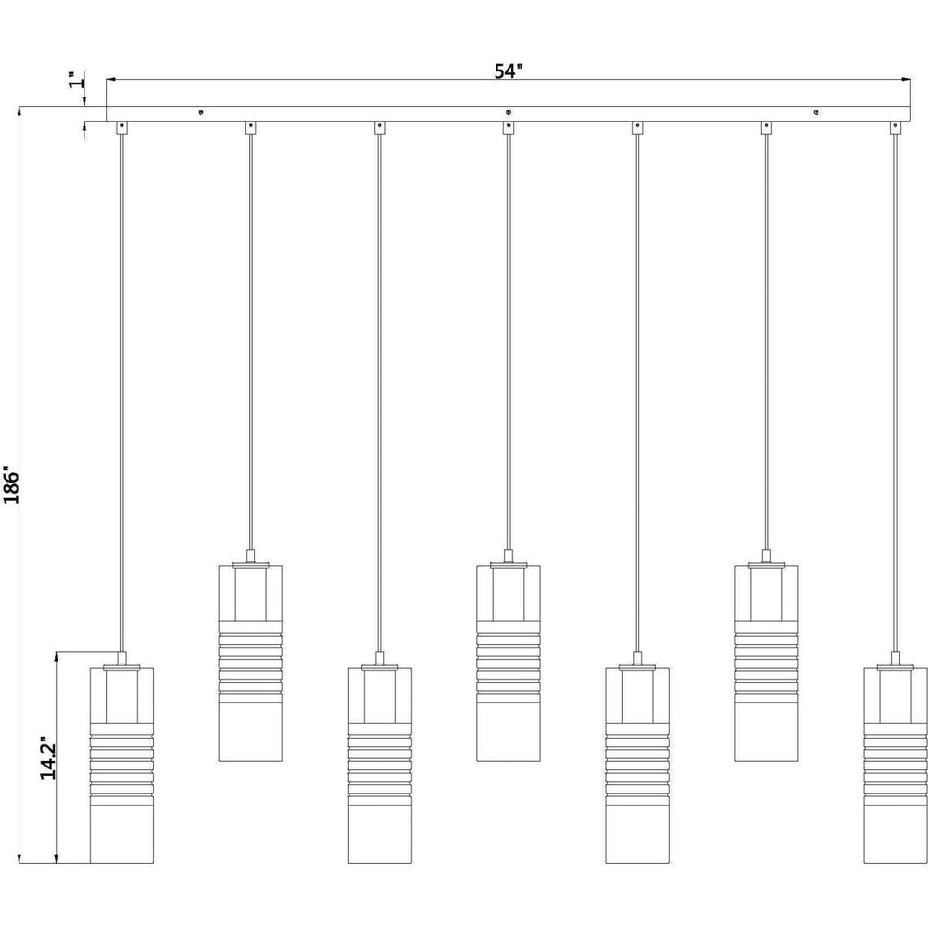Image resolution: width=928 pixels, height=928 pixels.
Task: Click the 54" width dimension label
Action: (509, 71)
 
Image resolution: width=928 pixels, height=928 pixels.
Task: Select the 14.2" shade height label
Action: (48, 758)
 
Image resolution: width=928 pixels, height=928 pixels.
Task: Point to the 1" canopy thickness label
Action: (76, 80)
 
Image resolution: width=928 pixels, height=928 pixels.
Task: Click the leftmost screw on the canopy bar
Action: (201, 112)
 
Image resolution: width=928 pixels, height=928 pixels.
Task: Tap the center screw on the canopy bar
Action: (509, 112)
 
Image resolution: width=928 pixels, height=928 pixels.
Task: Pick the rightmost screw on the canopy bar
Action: (817, 112)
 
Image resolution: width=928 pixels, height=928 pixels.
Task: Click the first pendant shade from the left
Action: (122, 766)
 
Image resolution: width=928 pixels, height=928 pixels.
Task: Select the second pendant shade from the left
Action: (251, 663)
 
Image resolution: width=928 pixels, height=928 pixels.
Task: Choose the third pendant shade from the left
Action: (380, 766)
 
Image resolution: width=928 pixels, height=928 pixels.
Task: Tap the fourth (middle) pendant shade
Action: (509, 663)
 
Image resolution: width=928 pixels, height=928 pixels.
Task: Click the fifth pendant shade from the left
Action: (638, 766)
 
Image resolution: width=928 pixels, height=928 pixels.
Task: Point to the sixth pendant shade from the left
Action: (767, 663)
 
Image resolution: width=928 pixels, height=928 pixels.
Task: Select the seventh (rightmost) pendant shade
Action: (895, 766)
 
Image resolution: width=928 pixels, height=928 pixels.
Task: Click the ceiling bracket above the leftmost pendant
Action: (122, 127)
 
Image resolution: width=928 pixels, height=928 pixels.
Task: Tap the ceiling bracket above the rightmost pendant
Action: (895, 127)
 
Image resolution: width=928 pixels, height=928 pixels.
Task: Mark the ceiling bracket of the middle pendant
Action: (509, 127)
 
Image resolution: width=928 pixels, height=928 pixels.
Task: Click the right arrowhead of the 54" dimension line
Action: (906, 79)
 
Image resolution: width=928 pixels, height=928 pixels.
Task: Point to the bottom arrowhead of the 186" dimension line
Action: (19, 858)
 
